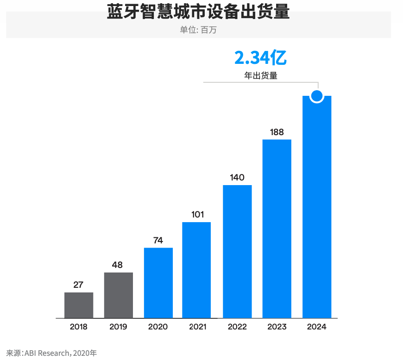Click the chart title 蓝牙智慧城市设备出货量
[x=198, y=12]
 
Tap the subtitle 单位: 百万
[x=198, y=30]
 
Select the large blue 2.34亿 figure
[x=260, y=58]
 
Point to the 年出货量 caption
[x=261, y=75]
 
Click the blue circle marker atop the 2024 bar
[x=317, y=96]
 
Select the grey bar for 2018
[x=79, y=305]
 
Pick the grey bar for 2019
[x=119, y=295]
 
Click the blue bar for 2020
[x=158, y=283]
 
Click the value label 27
[x=78, y=285]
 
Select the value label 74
[x=158, y=241]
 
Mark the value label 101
[x=197, y=215]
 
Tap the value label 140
[x=237, y=178]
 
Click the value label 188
[x=277, y=132]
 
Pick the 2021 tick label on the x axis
[x=198, y=327]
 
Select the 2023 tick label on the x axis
[x=277, y=327]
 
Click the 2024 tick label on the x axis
[x=317, y=327]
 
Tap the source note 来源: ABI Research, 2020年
[x=51, y=353]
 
